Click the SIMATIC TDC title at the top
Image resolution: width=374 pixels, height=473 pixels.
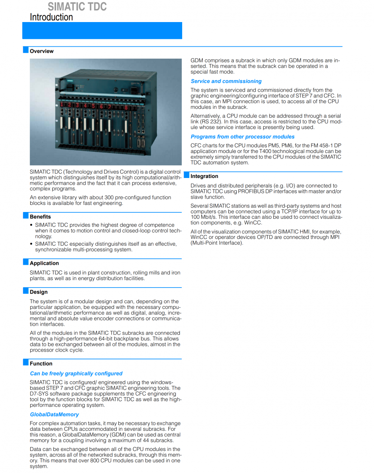pos(77,6)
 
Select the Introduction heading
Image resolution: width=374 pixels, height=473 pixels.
pos(51,17)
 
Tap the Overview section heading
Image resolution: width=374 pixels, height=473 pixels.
pos(42,51)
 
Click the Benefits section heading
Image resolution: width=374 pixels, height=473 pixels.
pos(40,217)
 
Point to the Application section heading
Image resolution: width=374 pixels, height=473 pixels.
pos(44,263)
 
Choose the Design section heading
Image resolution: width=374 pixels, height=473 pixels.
pos(39,292)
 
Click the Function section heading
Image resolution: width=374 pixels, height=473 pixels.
pos(41,364)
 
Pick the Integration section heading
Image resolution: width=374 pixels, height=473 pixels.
pos(204,176)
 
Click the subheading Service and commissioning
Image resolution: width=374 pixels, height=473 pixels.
pos(226,81)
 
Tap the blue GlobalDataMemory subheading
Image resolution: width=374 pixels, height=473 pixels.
pos(54,415)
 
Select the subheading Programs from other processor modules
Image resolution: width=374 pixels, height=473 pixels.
pos(242,137)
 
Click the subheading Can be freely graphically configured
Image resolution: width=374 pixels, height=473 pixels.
pos(76,374)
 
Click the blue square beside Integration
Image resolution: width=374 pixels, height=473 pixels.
pos(187,175)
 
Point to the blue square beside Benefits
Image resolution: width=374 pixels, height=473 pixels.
pos(26,216)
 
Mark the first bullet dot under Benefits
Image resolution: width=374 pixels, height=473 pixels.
pos(31,225)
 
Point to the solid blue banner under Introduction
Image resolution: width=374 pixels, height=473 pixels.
pos(102,31)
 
